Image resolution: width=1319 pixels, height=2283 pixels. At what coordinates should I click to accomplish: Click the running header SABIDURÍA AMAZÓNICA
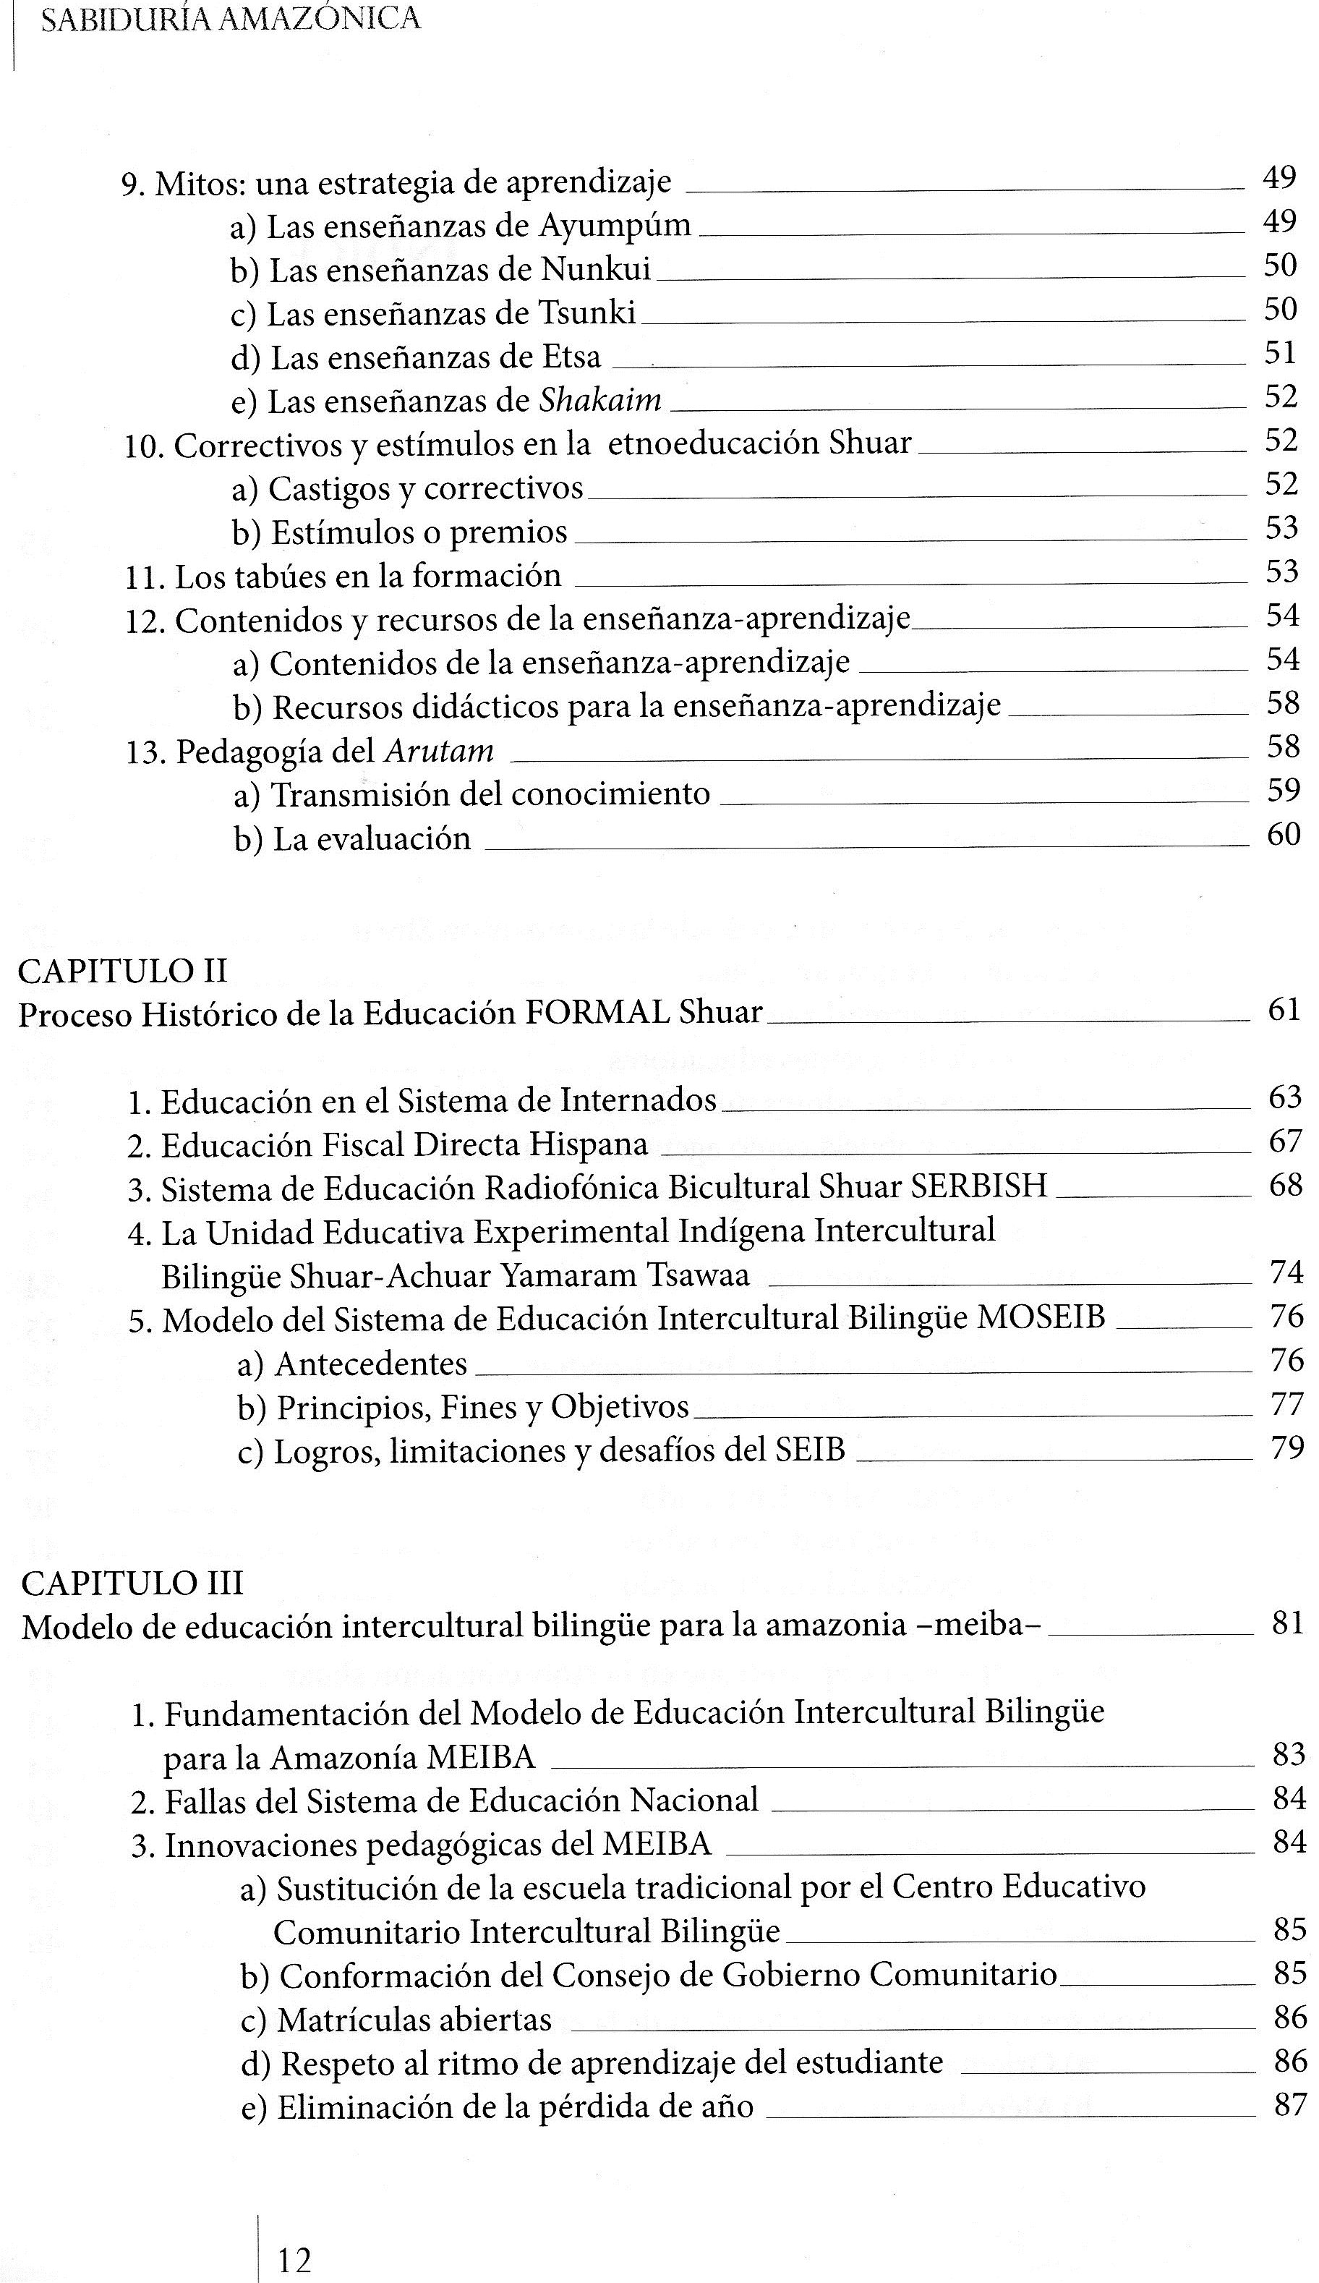point(231,20)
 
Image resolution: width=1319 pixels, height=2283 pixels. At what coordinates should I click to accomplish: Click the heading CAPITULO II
point(122,972)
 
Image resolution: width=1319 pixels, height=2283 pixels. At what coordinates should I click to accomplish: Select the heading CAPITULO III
point(132,1583)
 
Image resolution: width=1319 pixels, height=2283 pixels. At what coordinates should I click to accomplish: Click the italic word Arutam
point(440,751)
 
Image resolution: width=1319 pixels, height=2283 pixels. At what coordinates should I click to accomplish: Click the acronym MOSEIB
point(1042,1317)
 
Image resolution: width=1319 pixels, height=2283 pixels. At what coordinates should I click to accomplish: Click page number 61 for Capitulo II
point(1284,1010)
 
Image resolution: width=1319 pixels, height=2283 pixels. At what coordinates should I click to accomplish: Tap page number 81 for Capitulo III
point(1286,1623)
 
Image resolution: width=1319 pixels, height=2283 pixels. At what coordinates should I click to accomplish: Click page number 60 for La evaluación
point(1284,834)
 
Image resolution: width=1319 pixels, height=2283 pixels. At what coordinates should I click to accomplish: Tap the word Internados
point(639,1100)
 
